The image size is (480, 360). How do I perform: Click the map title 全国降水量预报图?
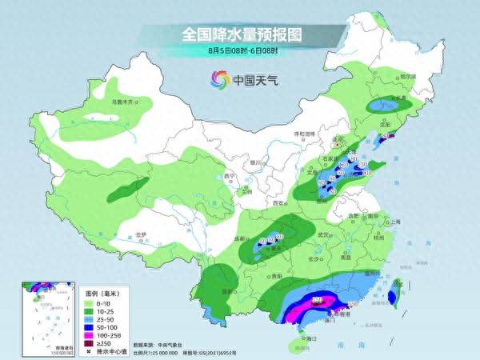(x=239, y=34)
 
